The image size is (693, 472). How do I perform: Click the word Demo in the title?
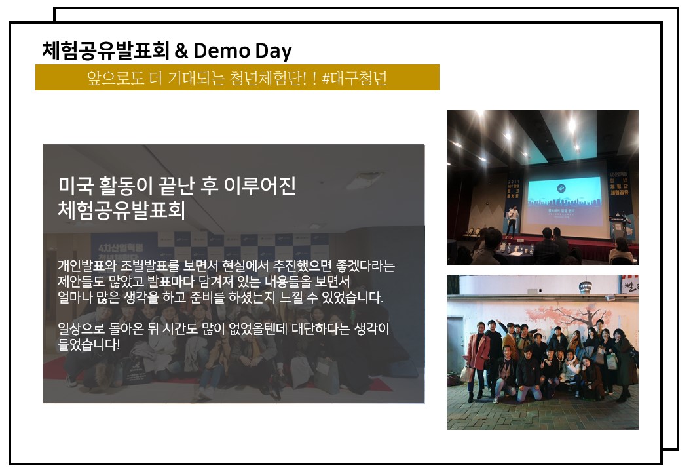point(222,51)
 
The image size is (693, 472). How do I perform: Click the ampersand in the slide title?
point(181,51)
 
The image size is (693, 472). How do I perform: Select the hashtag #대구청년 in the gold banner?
point(354,78)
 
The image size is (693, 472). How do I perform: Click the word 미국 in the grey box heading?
point(75,186)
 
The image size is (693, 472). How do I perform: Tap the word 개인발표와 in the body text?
point(86,266)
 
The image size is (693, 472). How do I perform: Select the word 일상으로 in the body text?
point(81,328)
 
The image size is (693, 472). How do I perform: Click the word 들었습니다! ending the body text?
point(89,344)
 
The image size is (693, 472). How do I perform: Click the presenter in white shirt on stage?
point(512,220)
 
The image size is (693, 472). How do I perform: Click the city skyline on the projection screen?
point(565,202)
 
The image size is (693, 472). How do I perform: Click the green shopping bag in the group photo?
point(612,361)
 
